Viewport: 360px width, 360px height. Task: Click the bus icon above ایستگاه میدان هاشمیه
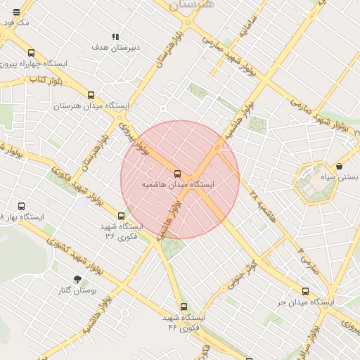pyautogui.click(x=176, y=173)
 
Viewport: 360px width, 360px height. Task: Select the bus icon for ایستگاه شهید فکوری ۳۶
pyautogui.click(x=122, y=217)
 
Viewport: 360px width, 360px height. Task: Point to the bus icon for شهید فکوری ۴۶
pyautogui.click(x=184, y=307)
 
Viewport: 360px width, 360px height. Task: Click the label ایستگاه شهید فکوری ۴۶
pyautogui.click(x=184, y=323)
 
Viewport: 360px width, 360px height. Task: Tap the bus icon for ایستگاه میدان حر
pyautogui.click(x=305, y=291)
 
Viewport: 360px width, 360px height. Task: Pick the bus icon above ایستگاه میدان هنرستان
pyautogui.click(x=91, y=96)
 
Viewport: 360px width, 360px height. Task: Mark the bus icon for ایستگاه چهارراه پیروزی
pyautogui.click(x=31, y=53)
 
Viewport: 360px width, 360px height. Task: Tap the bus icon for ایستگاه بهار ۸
pyautogui.click(x=21, y=207)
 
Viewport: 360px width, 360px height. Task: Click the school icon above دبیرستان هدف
pyautogui.click(x=115, y=37)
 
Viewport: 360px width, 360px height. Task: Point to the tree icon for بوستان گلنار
pyautogui.click(x=77, y=279)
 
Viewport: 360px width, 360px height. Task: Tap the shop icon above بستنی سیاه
pyautogui.click(x=340, y=167)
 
